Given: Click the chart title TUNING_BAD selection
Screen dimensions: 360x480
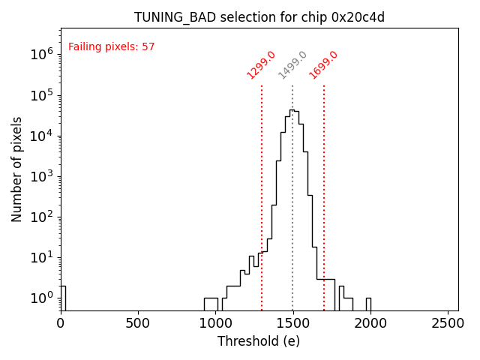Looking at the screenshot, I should [x=259, y=17].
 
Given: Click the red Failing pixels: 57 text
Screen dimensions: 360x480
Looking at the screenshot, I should [x=111, y=46].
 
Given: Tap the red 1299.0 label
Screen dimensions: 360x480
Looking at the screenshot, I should [x=261, y=65].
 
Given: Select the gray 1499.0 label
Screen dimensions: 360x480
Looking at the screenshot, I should [x=292, y=65].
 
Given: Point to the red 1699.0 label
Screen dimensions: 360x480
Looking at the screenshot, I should [x=323, y=65].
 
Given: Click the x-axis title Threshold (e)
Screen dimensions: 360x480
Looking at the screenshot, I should [x=259, y=341].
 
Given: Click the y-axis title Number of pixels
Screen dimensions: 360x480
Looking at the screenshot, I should [x=17, y=169].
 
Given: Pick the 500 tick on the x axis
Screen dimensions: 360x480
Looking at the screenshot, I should [x=138, y=323].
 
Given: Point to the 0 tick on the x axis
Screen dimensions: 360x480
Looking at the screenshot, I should [x=61, y=323].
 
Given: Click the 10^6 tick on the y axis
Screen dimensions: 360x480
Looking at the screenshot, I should [x=39, y=55].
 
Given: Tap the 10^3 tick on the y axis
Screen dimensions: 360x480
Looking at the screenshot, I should [x=39, y=176].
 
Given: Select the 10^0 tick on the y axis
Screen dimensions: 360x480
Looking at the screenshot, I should [x=39, y=298].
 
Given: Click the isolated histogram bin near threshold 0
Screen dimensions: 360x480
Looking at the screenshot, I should [x=63, y=298].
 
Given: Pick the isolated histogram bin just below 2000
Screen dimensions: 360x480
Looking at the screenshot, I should [x=368, y=304].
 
